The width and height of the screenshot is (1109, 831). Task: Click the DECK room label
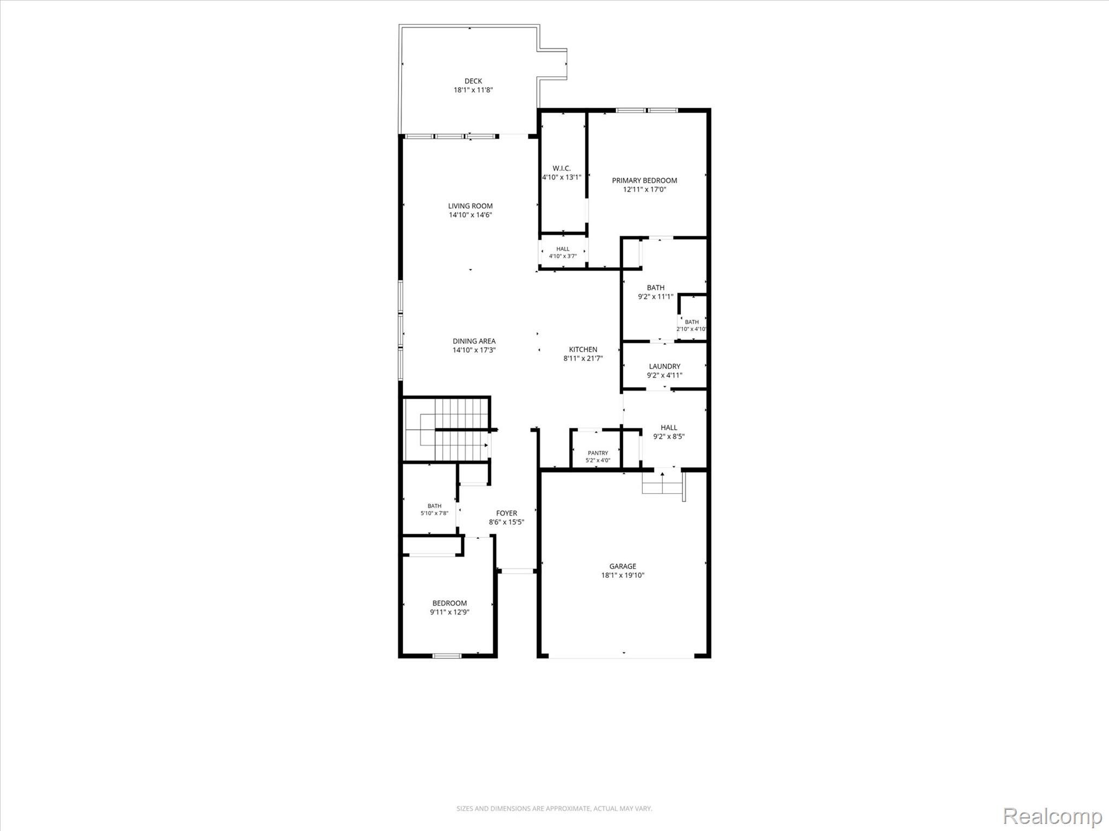pyautogui.click(x=473, y=81)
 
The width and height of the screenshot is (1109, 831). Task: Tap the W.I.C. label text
pyautogui.click(x=562, y=168)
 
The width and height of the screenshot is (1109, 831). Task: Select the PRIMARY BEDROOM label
pyautogui.click(x=644, y=180)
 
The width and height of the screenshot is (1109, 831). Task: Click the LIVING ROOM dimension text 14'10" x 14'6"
pyautogui.click(x=471, y=215)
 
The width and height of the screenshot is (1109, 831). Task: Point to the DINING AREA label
pyautogui.click(x=474, y=341)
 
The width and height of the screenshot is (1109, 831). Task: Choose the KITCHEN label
pyautogui.click(x=583, y=349)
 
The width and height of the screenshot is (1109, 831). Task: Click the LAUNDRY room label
pyautogui.click(x=664, y=366)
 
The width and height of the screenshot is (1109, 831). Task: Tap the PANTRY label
pyautogui.click(x=598, y=453)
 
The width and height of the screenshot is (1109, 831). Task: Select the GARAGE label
pyautogui.click(x=623, y=566)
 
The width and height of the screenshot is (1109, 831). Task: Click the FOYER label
pyautogui.click(x=507, y=513)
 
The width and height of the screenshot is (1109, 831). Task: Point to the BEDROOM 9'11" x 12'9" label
pyautogui.click(x=449, y=608)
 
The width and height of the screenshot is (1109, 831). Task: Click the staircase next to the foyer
pyautogui.click(x=447, y=428)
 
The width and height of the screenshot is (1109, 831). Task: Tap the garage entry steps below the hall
pyautogui.click(x=662, y=482)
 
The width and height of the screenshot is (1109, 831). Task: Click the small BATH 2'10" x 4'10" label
pyautogui.click(x=692, y=325)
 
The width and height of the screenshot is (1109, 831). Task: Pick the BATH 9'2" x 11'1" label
pyautogui.click(x=656, y=292)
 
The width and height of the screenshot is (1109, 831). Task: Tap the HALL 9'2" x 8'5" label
pyautogui.click(x=669, y=432)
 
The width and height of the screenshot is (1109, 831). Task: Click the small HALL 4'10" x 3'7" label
pyautogui.click(x=563, y=253)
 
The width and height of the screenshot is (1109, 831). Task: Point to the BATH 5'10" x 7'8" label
pyautogui.click(x=434, y=510)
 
